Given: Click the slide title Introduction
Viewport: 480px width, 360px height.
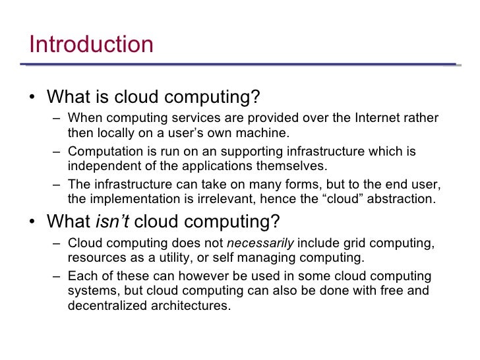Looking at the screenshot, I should (x=91, y=45).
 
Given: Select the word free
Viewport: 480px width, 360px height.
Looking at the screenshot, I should (x=394, y=291).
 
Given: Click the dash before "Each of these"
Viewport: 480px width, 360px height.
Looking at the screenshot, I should (x=57, y=276).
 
